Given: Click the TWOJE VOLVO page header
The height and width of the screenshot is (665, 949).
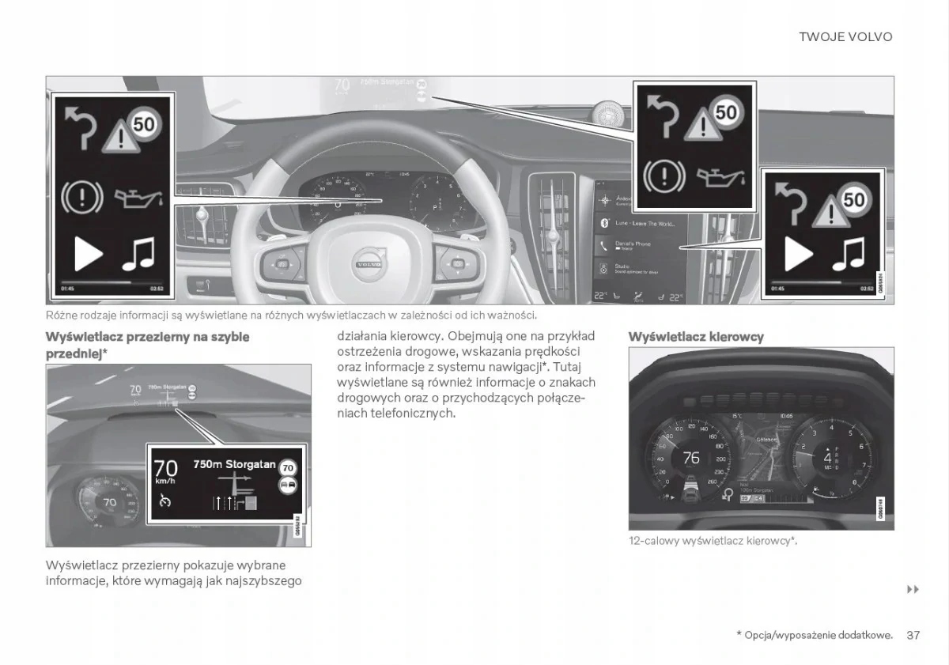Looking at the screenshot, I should coord(845,37).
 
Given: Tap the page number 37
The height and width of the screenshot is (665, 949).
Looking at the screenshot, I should coord(913,635).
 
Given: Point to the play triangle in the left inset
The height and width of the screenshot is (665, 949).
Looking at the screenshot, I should coord(88,254).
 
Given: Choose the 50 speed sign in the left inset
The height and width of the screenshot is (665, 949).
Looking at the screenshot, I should coord(143,123).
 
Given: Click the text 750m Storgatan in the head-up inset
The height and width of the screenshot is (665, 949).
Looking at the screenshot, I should coord(234,464).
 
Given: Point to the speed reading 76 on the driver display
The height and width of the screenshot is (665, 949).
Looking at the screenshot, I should coord(690,458).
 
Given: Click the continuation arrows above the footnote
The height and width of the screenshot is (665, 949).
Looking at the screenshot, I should coord(913,590).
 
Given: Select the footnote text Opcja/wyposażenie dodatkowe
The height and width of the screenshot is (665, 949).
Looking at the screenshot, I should coord(818,635).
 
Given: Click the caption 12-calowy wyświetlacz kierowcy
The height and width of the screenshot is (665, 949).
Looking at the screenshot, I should coord(713,541).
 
